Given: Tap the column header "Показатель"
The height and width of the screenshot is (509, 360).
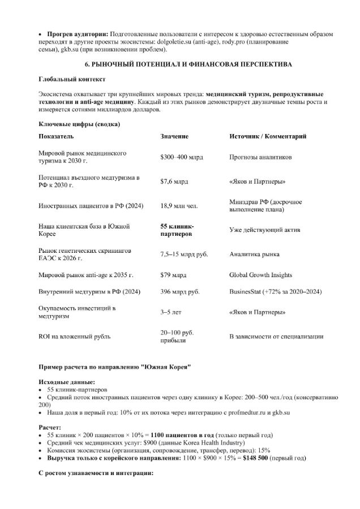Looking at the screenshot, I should [x=55, y=137].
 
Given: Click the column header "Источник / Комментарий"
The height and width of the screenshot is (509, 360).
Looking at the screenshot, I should [x=268, y=137].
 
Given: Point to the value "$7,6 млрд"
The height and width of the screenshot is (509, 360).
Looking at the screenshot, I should [x=174, y=182].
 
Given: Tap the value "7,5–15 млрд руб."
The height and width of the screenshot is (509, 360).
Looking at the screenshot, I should [x=184, y=255].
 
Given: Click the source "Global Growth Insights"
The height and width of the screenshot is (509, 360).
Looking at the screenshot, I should [x=260, y=275].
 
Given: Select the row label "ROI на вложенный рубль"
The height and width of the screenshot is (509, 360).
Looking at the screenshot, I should [x=74, y=337].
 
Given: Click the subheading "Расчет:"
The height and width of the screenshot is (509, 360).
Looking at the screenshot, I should [x=50, y=427].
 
